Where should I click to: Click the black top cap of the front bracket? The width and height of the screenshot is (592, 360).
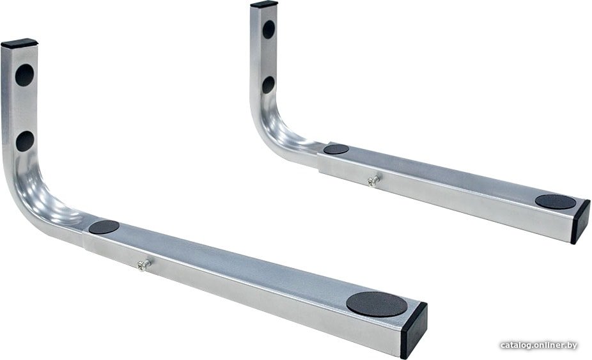[x=19, y=43]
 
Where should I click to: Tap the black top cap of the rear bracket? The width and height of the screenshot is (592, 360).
[x=264, y=4]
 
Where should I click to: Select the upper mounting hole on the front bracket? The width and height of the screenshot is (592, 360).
[x=24, y=75]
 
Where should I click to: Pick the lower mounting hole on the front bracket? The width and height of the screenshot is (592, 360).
[x=25, y=141]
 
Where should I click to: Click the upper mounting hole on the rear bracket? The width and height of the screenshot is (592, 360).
[x=269, y=29]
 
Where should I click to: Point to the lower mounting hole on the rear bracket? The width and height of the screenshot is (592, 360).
[x=268, y=84]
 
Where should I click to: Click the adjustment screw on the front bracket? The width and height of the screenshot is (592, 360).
[x=144, y=265]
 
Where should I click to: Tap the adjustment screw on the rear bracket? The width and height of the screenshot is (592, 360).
[x=373, y=180]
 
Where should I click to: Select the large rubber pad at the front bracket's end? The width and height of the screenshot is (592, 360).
[x=377, y=304]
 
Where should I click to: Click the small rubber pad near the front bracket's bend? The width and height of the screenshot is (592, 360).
[x=104, y=226]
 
